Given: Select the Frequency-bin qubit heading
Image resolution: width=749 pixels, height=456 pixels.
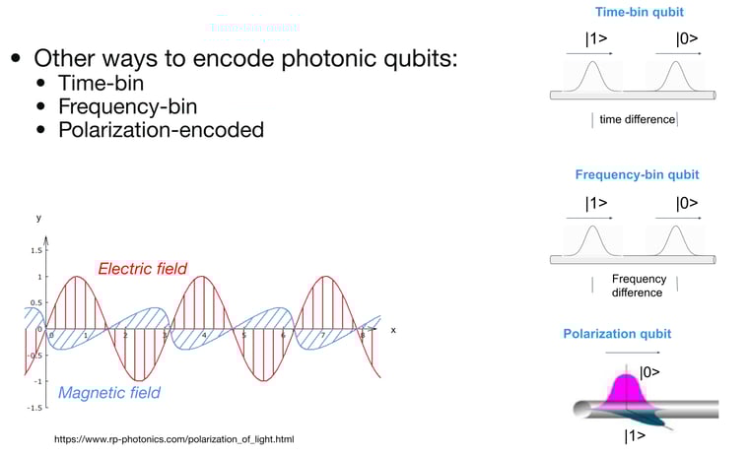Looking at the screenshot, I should click(637, 174).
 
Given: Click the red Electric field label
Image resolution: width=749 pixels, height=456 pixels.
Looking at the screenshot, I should click(142, 269).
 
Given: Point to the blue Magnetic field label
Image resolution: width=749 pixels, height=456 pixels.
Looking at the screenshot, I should click(109, 392).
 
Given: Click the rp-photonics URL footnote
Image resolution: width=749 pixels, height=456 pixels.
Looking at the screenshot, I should click(173, 439).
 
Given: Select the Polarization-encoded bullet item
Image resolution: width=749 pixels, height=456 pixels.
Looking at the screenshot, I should click(162, 130).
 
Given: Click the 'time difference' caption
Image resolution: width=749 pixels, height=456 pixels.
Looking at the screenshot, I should click(637, 119).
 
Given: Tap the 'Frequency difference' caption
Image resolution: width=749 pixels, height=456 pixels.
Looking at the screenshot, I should click(639, 286).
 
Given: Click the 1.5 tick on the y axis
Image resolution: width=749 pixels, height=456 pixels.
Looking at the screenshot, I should click(33, 251).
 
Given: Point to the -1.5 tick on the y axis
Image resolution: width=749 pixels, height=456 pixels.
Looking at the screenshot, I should click(32, 407).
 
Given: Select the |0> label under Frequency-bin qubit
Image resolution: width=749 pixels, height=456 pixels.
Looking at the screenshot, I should click(687, 204).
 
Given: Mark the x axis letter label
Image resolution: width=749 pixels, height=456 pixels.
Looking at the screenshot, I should click(392, 330).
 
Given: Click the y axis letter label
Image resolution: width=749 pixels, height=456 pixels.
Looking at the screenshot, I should click(39, 216).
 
